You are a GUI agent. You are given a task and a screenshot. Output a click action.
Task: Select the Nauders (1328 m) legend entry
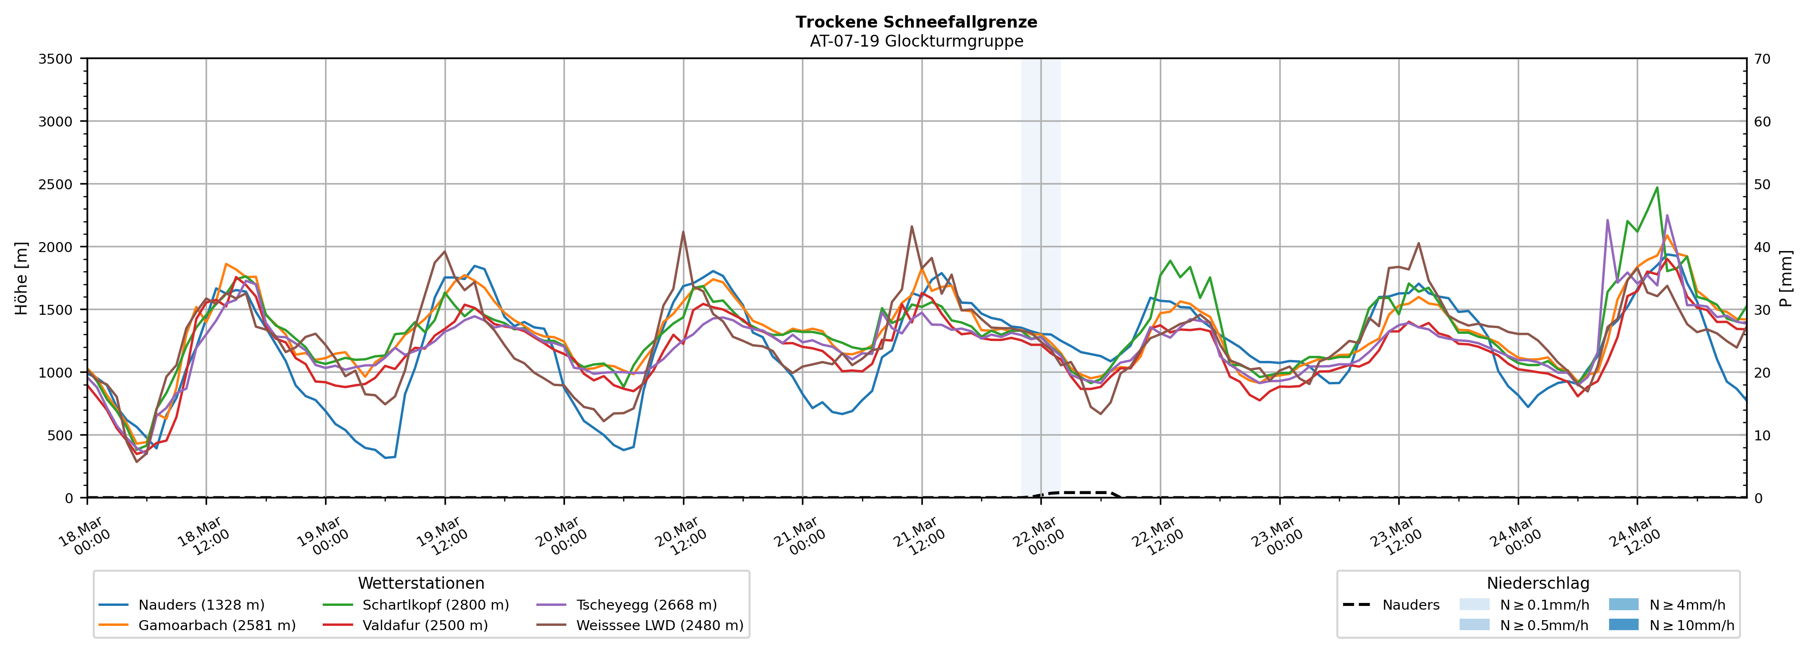tap(201, 605)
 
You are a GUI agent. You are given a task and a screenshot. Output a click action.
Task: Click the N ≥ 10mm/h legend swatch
tap(1623, 624)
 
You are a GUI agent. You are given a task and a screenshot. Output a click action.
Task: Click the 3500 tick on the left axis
tap(56, 59)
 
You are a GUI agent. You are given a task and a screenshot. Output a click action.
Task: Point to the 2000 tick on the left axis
tap(56, 247)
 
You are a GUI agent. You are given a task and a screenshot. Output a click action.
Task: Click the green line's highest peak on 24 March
tap(1657, 187)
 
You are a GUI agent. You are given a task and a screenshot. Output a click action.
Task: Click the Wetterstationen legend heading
tap(421, 583)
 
